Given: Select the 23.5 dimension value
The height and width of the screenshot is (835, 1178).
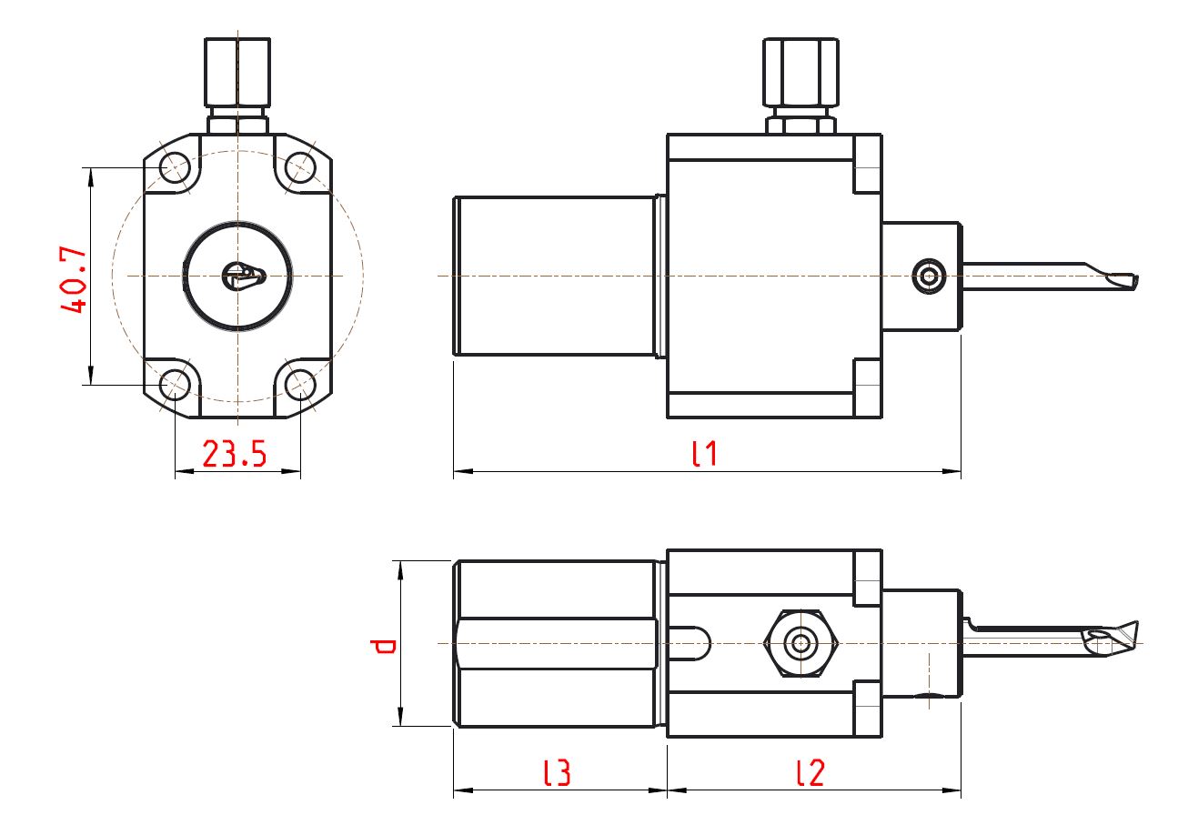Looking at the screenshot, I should click(x=234, y=453).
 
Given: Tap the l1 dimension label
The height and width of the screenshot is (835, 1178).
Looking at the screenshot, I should click(x=704, y=452).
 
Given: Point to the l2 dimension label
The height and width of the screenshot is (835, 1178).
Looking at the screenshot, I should click(x=810, y=772).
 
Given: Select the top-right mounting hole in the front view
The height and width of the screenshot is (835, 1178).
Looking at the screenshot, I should click(x=299, y=167).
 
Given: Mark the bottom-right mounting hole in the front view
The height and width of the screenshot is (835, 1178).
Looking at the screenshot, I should click(x=299, y=385).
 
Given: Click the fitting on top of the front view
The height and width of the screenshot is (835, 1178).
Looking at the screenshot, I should click(x=237, y=73).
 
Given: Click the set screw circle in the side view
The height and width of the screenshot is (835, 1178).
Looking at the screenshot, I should click(x=930, y=276).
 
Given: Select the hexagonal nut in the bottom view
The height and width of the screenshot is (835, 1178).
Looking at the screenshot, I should click(x=800, y=644).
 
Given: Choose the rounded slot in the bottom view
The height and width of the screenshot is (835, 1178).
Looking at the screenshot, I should click(x=691, y=644).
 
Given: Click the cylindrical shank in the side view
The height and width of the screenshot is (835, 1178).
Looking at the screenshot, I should click(x=555, y=276).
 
